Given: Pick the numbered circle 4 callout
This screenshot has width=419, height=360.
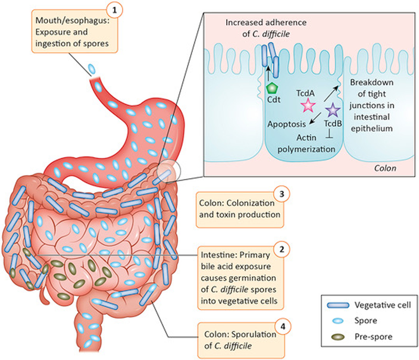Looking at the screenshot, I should [x=282, y=326].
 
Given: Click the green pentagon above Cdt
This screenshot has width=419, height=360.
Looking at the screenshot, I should [x=272, y=89].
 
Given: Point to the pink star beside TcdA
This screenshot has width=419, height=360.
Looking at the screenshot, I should [x=307, y=106].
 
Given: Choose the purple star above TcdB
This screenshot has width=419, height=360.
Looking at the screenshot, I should [x=332, y=110].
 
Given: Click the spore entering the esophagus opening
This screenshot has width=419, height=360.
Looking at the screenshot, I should [x=92, y=69].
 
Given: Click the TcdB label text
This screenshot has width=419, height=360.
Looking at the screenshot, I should [x=333, y=123].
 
